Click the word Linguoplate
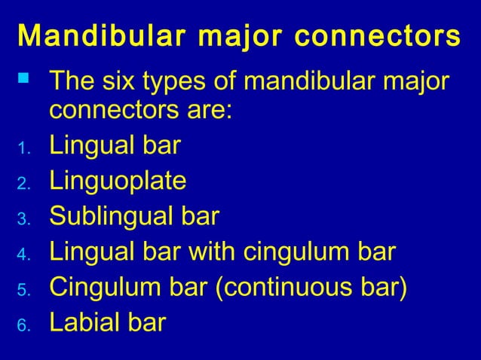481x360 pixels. coord(118,181)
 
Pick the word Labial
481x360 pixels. coord(86,322)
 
